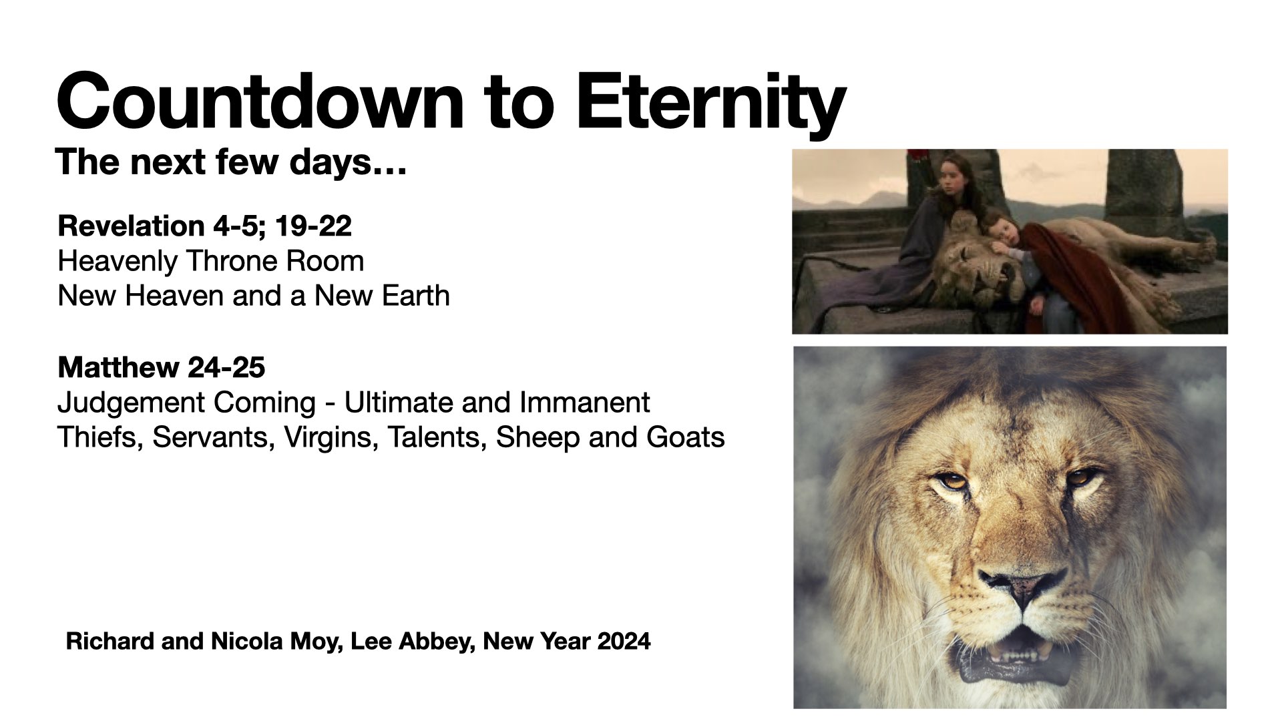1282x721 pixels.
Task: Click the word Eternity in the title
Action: pos(710,102)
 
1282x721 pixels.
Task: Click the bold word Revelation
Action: pos(132,226)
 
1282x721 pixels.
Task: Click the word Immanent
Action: pos(585,403)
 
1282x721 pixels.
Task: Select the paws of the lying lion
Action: pos(1195,253)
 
